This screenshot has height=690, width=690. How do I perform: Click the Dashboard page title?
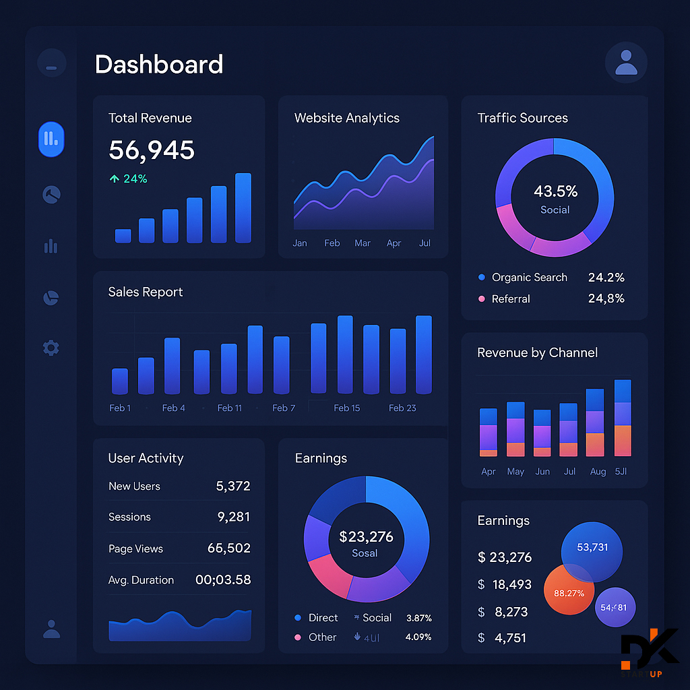point(159,65)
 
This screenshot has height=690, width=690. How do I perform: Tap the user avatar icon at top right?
point(626,62)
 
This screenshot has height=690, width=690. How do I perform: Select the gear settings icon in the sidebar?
point(51,348)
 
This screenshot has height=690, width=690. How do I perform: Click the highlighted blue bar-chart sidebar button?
point(51,139)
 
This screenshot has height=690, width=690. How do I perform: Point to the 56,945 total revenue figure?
point(152,150)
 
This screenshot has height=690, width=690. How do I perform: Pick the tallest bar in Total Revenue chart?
point(243,208)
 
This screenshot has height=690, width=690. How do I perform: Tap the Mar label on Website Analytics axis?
point(363,243)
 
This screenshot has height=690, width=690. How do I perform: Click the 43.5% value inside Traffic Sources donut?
point(555,191)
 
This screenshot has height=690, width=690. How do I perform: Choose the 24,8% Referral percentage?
point(606,299)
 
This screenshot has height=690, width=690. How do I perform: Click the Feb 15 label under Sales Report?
point(347,408)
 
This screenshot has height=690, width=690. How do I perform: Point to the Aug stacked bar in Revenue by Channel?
point(595,423)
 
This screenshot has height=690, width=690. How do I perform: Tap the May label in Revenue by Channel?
point(515,472)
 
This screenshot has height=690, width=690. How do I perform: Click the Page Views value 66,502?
point(228,548)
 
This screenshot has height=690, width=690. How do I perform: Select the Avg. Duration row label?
point(141,580)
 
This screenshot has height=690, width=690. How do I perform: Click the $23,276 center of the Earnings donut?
point(366,537)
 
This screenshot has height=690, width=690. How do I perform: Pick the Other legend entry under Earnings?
point(322,637)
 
